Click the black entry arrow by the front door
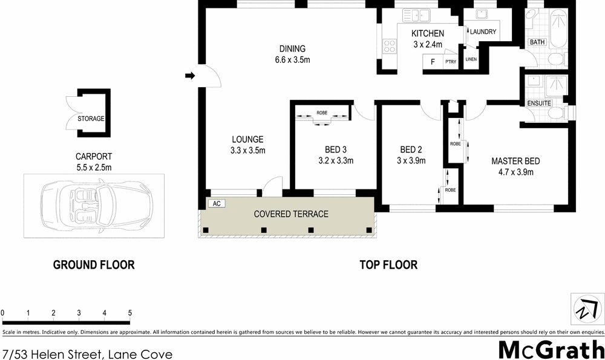(x=189, y=76)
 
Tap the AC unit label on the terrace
(x=216, y=204)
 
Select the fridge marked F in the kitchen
(x=432, y=62)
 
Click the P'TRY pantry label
(x=450, y=62)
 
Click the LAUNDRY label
(x=483, y=32)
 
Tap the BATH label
(x=537, y=42)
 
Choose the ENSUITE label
(x=539, y=103)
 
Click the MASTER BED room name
(x=515, y=162)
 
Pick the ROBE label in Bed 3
(x=322, y=113)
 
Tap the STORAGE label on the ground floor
(x=91, y=119)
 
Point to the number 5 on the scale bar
(x=130, y=313)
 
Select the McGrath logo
(x=551, y=350)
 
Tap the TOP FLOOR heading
(x=388, y=265)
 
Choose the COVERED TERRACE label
(x=291, y=214)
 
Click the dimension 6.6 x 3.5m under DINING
(x=292, y=60)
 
